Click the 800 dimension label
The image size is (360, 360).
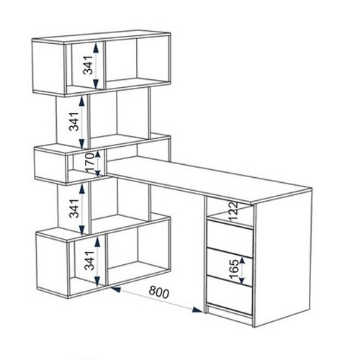[159, 293]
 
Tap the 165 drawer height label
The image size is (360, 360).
[234, 270]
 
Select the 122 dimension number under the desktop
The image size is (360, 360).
[233, 212]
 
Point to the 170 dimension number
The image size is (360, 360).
[91, 163]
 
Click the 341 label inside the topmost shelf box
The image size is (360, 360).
[88, 65]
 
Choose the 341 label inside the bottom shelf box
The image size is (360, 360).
[89, 261]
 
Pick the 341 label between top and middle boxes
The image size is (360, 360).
[74, 122]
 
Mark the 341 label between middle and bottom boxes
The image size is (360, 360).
[74, 208]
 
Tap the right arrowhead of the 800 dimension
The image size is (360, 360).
[197, 310]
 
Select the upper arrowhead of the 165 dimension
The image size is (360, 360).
[242, 261]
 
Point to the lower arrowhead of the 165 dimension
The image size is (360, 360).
[242, 281]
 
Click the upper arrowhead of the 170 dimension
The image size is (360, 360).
[98, 155]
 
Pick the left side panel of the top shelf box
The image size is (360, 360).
[49, 68]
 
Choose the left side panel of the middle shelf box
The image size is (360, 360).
[50, 166]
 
